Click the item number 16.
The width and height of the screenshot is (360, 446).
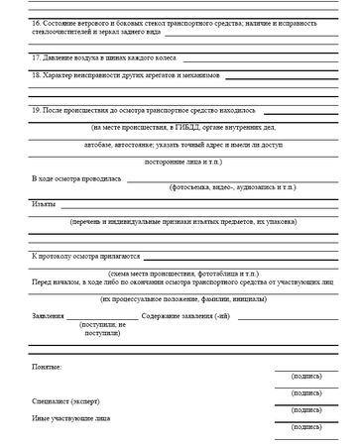36,22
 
